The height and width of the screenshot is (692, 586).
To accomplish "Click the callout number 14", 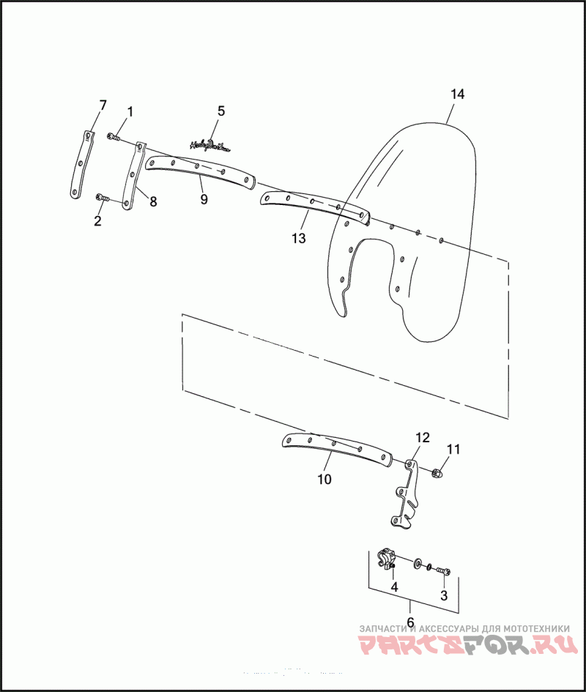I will click(x=457, y=94).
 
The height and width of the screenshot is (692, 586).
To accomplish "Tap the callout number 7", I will click(x=103, y=105).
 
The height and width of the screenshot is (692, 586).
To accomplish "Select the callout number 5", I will click(x=221, y=111).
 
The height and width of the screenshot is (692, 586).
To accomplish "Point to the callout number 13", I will click(x=297, y=238).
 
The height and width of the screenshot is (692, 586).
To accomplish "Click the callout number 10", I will click(x=324, y=480).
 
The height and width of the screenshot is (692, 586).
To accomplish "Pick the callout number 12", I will click(x=422, y=437).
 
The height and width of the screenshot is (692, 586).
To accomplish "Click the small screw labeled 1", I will click(x=113, y=136).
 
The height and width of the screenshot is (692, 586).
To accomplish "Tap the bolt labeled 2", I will click(x=103, y=198).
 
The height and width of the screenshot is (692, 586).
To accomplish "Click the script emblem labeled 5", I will click(x=209, y=145).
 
